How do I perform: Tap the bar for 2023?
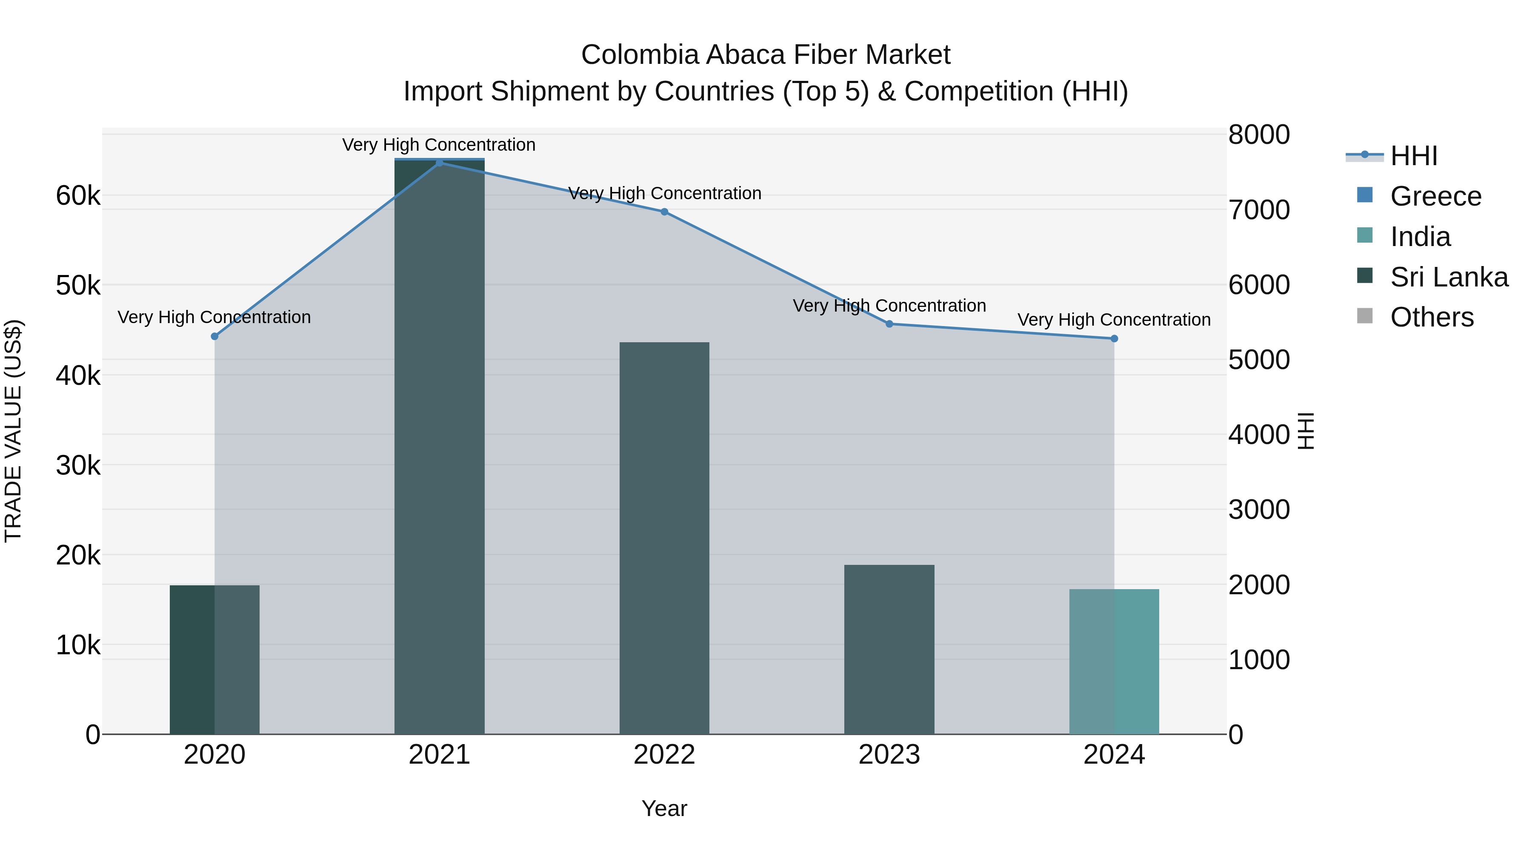[889, 649]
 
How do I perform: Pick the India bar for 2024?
[1114, 662]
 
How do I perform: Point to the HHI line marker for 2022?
[664, 212]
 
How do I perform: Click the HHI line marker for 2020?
[215, 336]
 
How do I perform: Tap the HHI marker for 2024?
[1114, 338]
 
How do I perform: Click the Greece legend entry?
[1435, 196]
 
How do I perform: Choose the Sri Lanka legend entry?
[1448, 277]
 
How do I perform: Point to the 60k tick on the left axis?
[78, 196]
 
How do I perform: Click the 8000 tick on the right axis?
[1258, 135]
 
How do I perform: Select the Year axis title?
[664, 808]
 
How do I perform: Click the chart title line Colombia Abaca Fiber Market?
[766, 55]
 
